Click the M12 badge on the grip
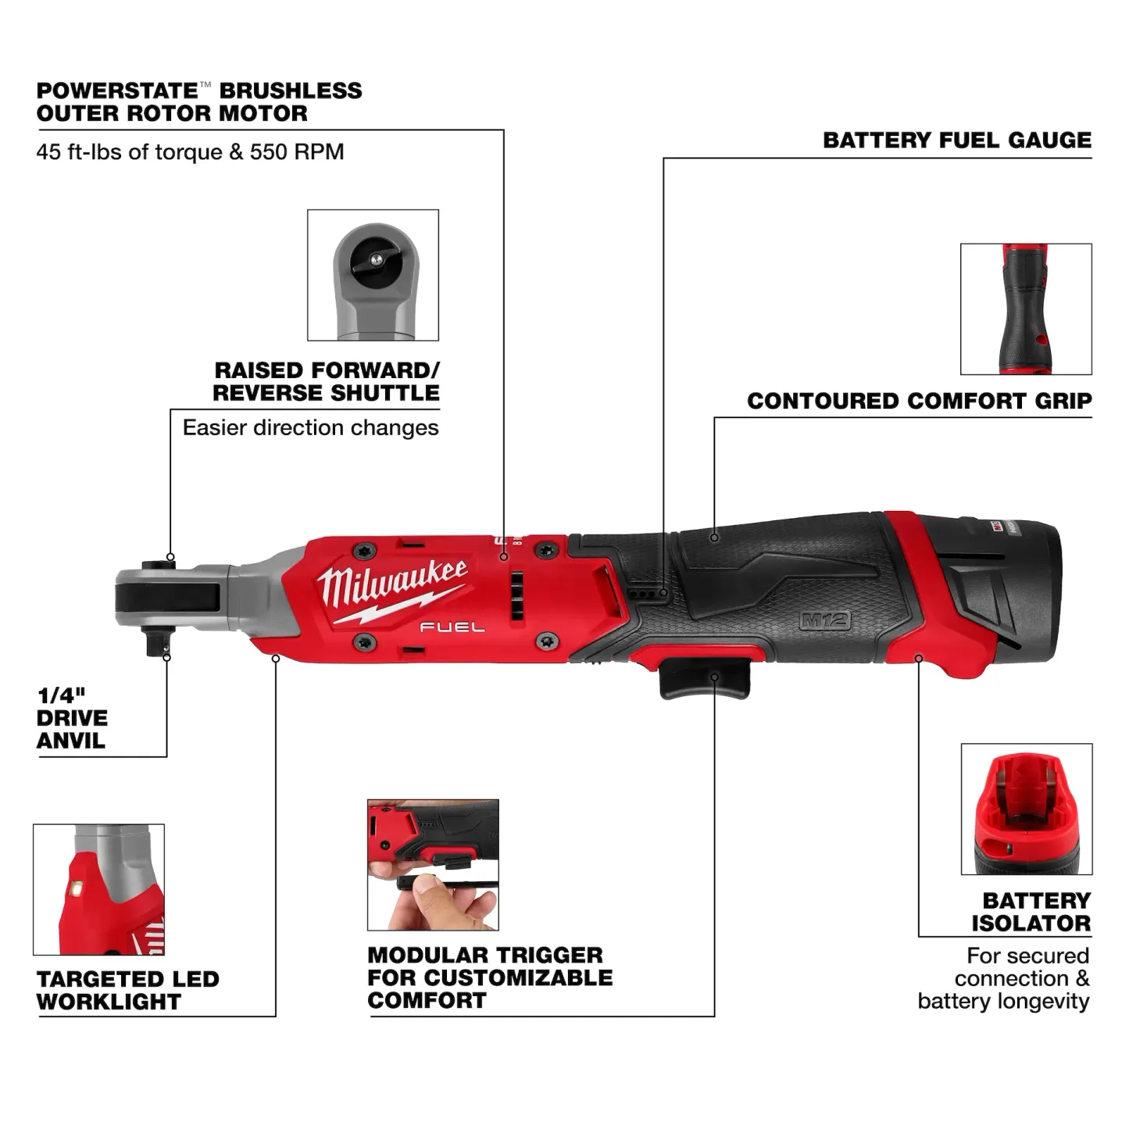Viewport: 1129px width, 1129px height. pos(825,621)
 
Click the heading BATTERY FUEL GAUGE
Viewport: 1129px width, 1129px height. pos(957,141)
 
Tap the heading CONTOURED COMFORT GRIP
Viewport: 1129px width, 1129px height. pos(919,401)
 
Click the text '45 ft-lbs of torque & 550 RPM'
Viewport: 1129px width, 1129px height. pos(190,152)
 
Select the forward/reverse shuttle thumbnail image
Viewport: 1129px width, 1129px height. pos(373,275)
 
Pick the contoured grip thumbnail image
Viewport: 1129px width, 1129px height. pos(1026,309)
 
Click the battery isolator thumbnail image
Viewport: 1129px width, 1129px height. pos(1026,809)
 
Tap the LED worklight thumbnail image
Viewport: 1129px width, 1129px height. pos(99,889)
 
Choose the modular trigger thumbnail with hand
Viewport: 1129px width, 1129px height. pos(433,864)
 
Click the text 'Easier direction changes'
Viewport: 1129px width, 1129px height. pos(310,428)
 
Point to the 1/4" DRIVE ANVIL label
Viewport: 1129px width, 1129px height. pos(72,717)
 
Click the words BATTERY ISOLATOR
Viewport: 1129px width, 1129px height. pos(1031,912)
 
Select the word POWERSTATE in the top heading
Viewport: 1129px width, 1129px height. pos(116,91)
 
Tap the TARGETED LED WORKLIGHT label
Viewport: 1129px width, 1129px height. pos(127,990)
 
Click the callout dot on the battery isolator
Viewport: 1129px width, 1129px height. pos(919,659)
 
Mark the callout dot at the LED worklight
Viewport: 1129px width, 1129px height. pos(276,659)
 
